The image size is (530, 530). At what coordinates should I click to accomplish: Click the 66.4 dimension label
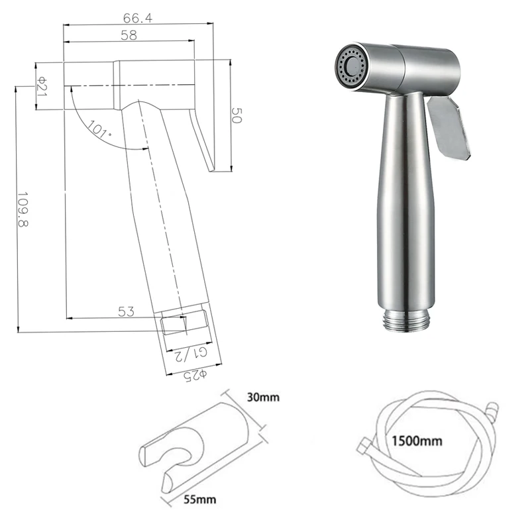[137, 18]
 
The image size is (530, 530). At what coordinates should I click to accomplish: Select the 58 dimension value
[129, 35]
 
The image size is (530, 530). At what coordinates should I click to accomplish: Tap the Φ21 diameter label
[42, 86]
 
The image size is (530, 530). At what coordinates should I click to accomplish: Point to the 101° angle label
[99, 129]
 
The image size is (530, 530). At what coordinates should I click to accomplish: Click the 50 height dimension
[237, 115]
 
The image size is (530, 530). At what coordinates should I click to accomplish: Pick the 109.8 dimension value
[23, 209]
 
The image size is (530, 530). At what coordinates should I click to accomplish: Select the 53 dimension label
[126, 311]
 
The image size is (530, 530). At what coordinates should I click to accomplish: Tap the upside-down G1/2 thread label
[190, 354]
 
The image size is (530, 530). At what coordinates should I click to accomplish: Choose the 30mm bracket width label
[263, 397]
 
